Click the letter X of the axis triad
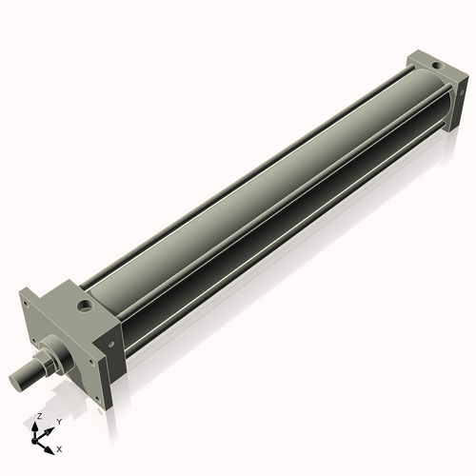tap(59, 447)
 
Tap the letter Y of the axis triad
tap(58, 421)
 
